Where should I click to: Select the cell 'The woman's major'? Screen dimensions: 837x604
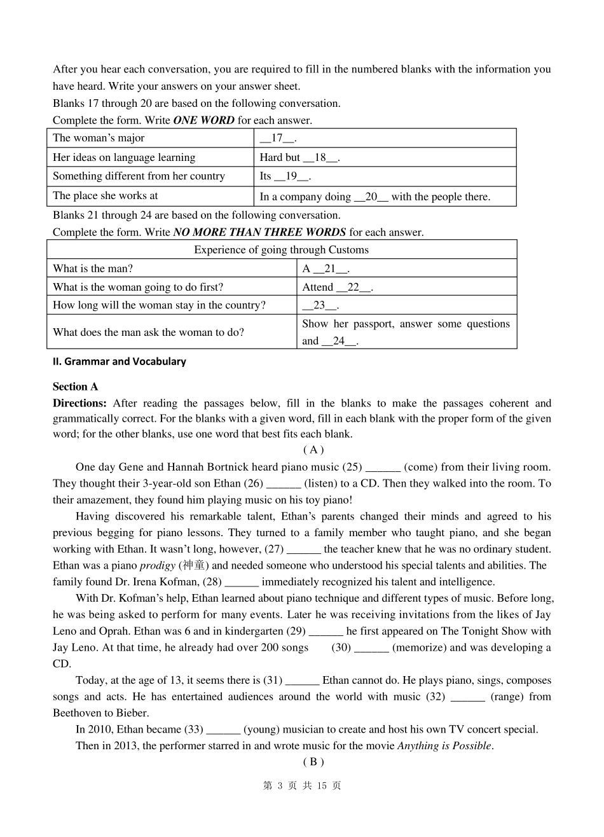[x=99, y=139]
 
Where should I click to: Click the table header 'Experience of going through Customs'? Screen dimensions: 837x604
[x=281, y=250]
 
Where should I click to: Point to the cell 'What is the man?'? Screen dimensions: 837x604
[x=93, y=268]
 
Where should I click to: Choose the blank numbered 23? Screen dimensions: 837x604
[x=320, y=305]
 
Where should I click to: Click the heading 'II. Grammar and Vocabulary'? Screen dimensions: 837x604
[x=120, y=361]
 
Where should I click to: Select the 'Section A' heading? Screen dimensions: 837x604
[x=76, y=387]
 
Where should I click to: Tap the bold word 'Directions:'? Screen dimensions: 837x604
[x=79, y=403]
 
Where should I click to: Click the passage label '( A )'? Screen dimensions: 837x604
[x=313, y=450]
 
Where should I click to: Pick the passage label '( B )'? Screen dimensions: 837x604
[x=313, y=762]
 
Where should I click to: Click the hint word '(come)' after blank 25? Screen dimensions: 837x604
[x=420, y=467]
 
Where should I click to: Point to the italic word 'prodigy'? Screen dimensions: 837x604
[x=157, y=565]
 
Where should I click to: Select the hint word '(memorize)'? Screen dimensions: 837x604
[x=420, y=647]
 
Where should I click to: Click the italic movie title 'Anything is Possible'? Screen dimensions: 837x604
[x=444, y=746]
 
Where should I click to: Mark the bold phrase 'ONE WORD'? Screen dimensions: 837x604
[x=203, y=120]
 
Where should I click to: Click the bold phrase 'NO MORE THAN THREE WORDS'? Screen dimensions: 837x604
[x=259, y=232]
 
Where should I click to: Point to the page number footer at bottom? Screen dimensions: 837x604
[x=302, y=786]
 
